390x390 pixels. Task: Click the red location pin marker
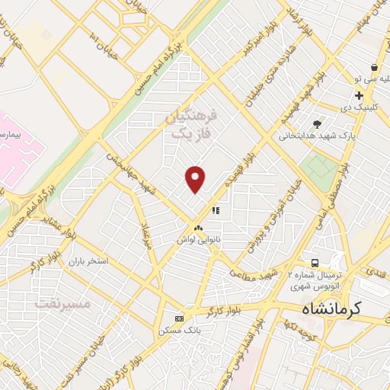click(x=196, y=179)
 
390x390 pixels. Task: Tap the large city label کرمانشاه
click(x=334, y=309)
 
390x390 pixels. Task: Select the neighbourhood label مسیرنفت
click(x=63, y=303)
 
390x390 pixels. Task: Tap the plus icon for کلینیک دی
click(x=359, y=95)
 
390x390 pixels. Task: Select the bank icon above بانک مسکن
click(x=179, y=318)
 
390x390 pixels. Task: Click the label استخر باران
click(x=88, y=261)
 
